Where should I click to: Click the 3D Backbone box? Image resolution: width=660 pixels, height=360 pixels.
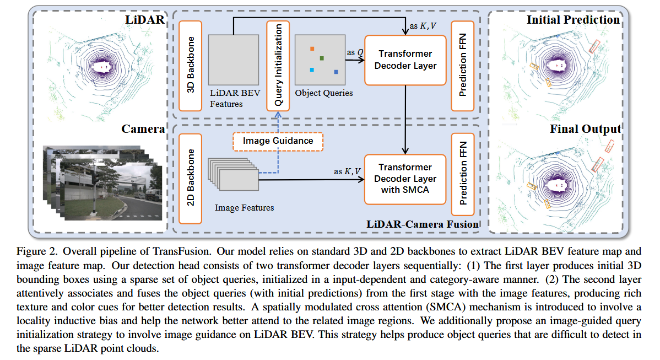click(191, 66)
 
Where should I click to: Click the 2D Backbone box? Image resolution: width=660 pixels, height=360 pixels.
click(191, 178)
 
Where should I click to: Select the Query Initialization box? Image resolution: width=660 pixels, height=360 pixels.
click(278, 66)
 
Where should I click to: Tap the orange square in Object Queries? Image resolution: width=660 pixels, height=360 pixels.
click(312, 49)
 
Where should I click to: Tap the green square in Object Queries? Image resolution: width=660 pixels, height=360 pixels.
click(322, 58)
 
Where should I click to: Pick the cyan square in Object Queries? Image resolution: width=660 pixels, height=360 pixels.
click(312, 70)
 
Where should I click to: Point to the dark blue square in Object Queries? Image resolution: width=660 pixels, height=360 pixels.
click(336, 72)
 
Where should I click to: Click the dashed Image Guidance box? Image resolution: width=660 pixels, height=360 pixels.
click(278, 141)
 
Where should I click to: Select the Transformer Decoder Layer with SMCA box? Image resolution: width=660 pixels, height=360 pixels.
click(405, 179)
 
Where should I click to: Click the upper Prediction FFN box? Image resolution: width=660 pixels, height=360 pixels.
click(462, 66)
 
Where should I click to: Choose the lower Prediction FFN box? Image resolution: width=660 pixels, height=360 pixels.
click(462, 178)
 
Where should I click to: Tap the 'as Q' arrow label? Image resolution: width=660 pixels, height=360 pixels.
click(354, 52)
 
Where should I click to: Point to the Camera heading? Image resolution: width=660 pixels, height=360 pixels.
click(143, 129)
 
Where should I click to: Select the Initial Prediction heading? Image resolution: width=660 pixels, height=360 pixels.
click(573, 20)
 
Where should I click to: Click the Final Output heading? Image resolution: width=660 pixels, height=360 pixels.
click(585, 129)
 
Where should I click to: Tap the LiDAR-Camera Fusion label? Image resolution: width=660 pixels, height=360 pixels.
click(422, 224)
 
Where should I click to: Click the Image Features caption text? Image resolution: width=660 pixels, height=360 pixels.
click(244, 208)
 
